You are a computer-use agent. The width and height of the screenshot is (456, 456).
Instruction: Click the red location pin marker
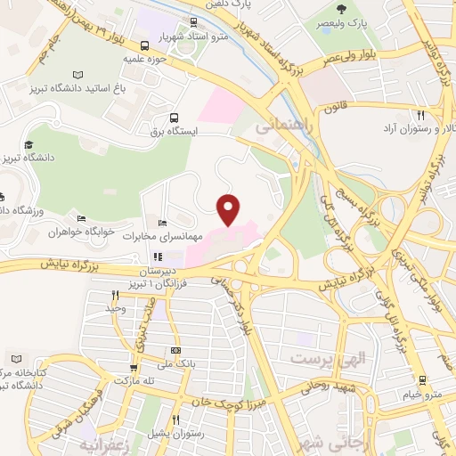coord(229,209)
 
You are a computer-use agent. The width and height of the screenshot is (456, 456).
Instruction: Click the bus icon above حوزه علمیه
coord(145,45)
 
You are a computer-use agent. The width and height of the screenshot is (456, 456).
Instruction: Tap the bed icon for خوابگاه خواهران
coord(81,219)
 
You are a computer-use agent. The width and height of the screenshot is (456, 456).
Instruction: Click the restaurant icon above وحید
coord(115,295)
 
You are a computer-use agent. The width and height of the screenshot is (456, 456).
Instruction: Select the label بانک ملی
coord(175,362)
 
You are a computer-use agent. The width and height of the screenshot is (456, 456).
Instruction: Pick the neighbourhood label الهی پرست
coord(328,359)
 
